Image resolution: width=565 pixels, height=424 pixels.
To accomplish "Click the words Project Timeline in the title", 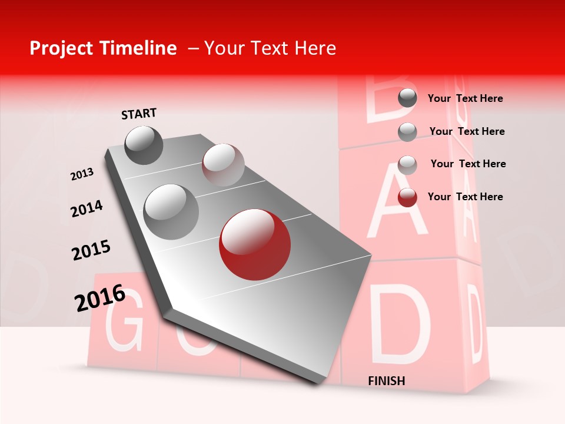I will [103, 48].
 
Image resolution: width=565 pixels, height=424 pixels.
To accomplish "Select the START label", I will [139, 114].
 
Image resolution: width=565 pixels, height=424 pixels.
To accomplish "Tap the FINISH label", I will [386, 381].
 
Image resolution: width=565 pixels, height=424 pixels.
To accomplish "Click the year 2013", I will [82, 174].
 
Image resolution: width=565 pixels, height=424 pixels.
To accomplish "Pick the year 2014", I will [87, 209].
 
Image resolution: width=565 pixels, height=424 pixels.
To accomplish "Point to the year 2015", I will [91, 250].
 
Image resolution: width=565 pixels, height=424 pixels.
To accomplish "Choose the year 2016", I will [100, 297].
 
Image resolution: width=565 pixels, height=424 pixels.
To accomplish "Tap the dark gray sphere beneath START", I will [144, 145].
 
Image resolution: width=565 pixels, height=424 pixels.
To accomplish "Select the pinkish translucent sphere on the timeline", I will [223, 164].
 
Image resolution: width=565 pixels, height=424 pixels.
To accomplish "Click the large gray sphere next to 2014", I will [171, 211].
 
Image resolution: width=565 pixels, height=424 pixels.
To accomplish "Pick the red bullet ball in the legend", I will [407, 198].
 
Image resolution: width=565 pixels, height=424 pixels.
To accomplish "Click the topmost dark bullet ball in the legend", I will [407, 98].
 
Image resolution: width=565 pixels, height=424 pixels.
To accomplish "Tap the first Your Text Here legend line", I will [465, 98].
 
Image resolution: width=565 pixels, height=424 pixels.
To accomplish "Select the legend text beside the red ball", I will [465, 197].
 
